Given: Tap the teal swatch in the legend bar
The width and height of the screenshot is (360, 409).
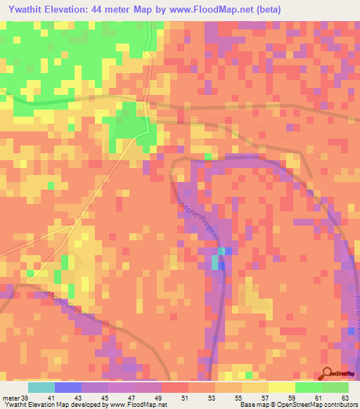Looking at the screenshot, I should click(x=41, y=387).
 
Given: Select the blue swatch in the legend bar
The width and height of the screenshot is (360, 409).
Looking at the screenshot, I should click(x=68, y=387).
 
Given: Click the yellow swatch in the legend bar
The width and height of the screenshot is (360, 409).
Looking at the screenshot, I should click(x=282, y=387).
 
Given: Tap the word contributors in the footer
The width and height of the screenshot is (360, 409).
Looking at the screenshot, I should click(x=340, y=405).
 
